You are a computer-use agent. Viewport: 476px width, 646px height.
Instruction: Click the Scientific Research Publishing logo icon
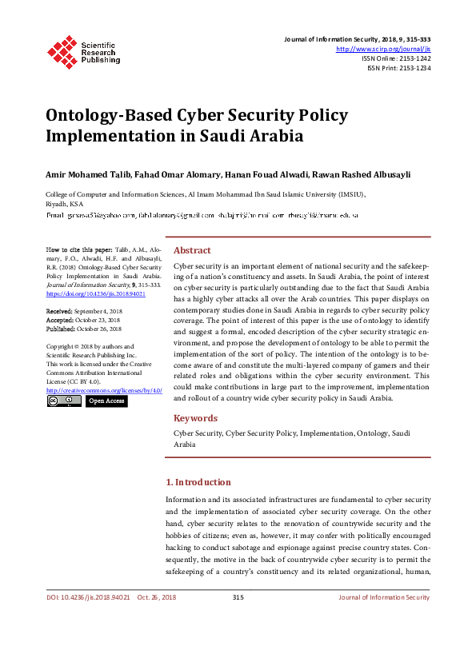[62, 50]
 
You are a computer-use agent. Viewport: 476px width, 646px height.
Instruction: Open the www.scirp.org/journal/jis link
[385, 48]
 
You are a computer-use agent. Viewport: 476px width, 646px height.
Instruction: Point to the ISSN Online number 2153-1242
[413, 58]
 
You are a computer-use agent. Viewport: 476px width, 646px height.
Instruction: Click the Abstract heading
[192, 250]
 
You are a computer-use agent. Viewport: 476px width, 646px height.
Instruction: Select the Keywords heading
[195, 418]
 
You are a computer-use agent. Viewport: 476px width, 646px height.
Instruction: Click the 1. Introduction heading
[198, 482]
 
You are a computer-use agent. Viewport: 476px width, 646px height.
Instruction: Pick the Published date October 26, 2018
[99, 329]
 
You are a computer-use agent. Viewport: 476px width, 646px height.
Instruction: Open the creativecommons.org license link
[104, 389]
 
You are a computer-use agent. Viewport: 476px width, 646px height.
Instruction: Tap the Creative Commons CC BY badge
[64, 401]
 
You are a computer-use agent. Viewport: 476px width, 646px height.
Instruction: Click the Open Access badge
[106, 401]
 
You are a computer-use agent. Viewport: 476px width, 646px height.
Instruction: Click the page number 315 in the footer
[238, 597]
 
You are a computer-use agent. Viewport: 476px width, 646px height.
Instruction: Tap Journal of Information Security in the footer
[384, 597]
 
